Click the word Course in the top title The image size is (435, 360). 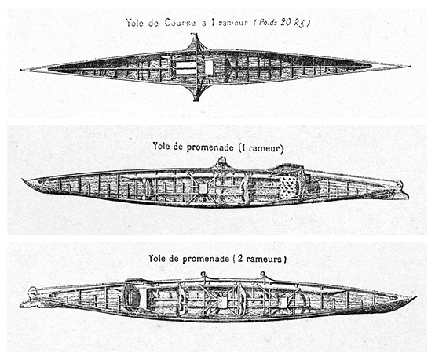pos(180,23)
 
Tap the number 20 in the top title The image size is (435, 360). pos(287,22)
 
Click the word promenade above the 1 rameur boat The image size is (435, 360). pos(210,147)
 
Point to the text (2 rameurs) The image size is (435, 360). pos(259,259)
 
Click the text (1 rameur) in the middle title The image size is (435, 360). pos(261,147)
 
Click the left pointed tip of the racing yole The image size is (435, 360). pos(20,70)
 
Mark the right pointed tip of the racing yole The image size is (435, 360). pos(410,66)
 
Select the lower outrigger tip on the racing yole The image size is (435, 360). pos(196,100)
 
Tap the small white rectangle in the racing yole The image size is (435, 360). pos(209,67)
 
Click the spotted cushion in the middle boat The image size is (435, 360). pos(288,187)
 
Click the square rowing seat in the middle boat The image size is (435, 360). pos(203,188)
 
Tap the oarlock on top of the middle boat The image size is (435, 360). pos(221,160)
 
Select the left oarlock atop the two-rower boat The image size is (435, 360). pos(203,275)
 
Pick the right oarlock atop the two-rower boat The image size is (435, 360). pos(262,275)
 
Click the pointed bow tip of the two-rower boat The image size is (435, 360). pos(416,297)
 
